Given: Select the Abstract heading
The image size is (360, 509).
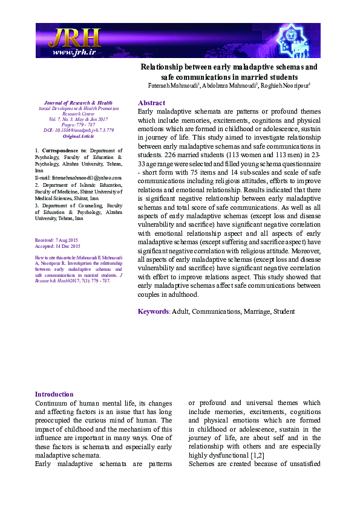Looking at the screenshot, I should pyautogui.click(x=151, y=103).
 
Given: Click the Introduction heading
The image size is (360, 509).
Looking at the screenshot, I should pyautogui.click(x=54, y=394).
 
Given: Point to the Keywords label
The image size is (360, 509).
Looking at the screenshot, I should pyautogui.click(x=154, y=311).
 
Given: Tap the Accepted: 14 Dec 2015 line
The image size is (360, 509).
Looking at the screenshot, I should pyautogui.click(x=58, y=247).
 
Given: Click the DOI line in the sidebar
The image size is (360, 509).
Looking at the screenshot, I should pyautogui.click(x=75, y=130).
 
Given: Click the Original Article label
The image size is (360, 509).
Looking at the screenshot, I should pyautogui.click(x=75, y=136).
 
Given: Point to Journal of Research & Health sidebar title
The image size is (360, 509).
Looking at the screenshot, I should pyautogui.click(x=75, y=103).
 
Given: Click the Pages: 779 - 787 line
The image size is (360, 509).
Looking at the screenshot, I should pyautogui.click(x=75, y=124).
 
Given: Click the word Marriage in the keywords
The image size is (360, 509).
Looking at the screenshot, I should pyautogui.click(x=257, y=311).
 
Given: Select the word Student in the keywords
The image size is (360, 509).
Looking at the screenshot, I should pyautogui.click(x=283, y=311).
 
